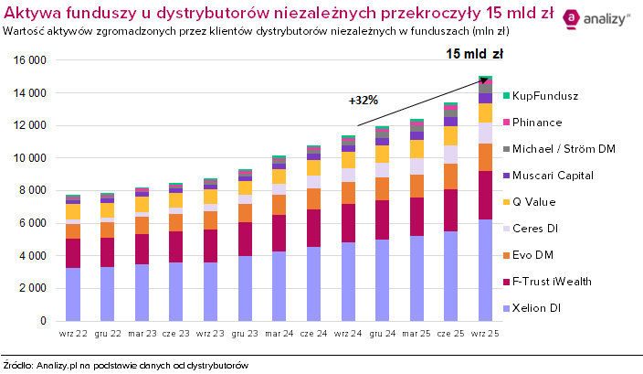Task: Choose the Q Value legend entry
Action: click(x=535, y=201)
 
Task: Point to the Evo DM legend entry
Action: click(x=532, y=254)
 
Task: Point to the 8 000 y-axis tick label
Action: click(x=35, y=190)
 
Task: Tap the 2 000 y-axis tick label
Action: click(x=35, y=288)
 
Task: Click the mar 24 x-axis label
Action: click(x=279, y=332)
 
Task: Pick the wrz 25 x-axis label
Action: click(x=484, y=332)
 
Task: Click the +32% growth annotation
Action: click(x=363, y=101)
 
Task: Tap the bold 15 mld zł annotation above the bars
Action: click(x=469, y=54)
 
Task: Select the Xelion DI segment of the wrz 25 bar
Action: click(x=485, y=270)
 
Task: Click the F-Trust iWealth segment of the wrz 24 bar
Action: click(x=348, y=222)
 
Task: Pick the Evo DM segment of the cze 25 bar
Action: click(x=450, y=176)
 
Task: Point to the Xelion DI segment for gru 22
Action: click(x=108, y=294)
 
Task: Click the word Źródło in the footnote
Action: click(x=20, y=365)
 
